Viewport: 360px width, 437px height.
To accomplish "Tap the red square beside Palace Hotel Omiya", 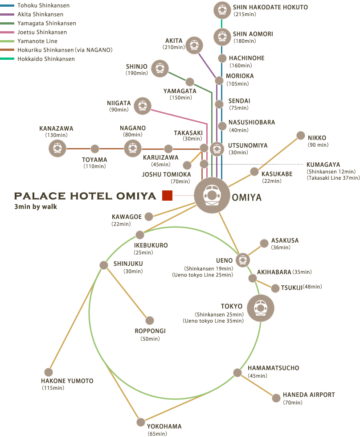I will [167, 195].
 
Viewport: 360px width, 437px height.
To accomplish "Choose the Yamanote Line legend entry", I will [37, 41].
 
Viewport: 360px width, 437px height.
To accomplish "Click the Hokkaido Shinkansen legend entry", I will [46, 59].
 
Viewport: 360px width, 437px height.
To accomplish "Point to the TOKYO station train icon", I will [260, 308].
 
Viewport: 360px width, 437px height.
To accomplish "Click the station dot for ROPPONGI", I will [150, 320].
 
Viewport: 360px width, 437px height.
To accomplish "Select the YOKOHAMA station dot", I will [141, 422].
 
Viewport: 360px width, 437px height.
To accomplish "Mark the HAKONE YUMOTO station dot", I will [49, 372].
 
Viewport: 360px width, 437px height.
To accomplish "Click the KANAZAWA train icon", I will [57, 148].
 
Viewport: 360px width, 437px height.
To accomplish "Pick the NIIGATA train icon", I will [143, 106].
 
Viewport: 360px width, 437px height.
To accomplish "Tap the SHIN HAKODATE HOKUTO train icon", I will [222, 10].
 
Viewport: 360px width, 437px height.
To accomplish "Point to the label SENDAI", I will [239, 101].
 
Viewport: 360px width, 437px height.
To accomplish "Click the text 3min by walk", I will [36, 207].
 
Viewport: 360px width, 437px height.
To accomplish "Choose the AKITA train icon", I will [194, 45].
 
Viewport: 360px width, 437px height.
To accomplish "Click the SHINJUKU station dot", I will [103, 265].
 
